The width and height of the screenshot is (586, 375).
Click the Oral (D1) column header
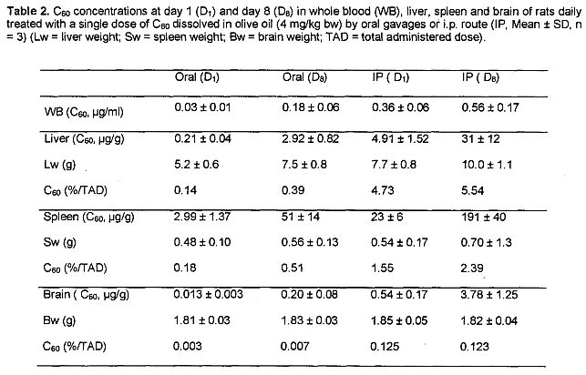(197, 77)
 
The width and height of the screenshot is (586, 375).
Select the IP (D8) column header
(480, 77)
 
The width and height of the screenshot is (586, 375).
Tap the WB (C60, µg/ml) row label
(83, 112)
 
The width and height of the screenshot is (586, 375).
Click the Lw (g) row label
(59, 165)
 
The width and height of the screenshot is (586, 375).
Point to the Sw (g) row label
(59, 242)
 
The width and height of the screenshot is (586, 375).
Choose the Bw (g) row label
(59, 320)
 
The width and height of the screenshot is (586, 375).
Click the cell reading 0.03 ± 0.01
(202, 107)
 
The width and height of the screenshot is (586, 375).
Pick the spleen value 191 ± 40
(483, 217)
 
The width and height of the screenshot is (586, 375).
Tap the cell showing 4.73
(383, 190)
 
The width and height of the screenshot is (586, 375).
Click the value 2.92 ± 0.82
(310, 139)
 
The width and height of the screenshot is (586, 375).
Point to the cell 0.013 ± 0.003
(208, 294)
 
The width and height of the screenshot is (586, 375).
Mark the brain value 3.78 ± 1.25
(488, 295)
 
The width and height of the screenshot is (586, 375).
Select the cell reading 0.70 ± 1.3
(487, 242)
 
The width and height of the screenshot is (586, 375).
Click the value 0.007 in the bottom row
(294, 346)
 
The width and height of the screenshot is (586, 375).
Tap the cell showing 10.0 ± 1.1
(487, 165)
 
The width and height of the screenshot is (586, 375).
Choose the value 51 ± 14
(301, 217)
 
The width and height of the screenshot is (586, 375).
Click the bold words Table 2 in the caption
(27, 12)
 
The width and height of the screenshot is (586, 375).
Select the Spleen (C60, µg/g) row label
(88, 218)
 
